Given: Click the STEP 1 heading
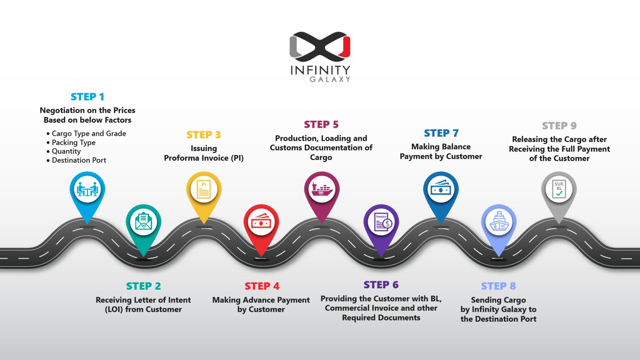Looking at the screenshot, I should click(87, 97).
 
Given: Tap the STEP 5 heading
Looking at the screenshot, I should click(321, 125).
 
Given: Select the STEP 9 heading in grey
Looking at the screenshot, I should click(559, 126).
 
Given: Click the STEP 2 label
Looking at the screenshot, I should click(143, 286).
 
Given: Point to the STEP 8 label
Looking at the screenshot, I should click(498, 286).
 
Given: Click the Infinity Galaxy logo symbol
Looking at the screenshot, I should click(320, 44).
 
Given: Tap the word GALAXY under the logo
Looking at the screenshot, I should click(330, 79).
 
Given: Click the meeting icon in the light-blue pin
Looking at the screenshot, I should click(87, 189).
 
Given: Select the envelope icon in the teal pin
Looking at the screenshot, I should click(143, 222).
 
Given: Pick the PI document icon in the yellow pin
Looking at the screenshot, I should click(204, 189).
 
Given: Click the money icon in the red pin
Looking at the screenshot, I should click(261, 222).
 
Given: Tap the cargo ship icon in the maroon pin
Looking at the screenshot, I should click(322, 189).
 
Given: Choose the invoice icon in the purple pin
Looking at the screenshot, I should click(381, 222).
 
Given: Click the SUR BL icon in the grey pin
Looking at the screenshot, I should click(559, 189).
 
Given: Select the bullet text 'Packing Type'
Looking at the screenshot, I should click(73, 142).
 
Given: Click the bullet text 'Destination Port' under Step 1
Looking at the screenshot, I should click(79, 160).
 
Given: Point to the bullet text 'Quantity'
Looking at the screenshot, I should click(66, 151).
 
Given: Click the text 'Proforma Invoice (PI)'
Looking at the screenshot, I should click(204, 158).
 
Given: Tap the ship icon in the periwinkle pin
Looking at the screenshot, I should click(499, 222).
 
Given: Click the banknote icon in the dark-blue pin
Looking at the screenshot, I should click(441, 189).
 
